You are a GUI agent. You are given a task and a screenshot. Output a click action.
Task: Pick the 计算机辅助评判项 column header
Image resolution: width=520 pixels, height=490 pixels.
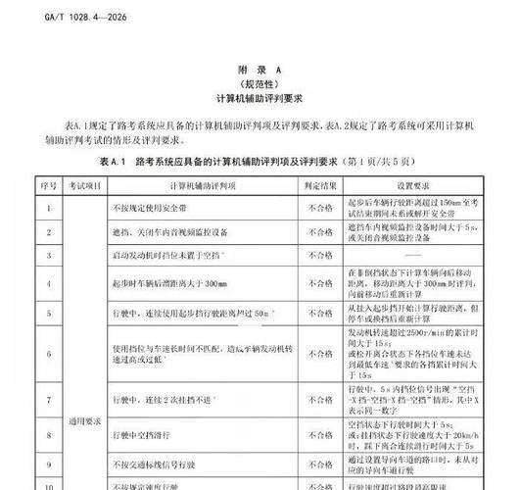coord(201,184)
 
